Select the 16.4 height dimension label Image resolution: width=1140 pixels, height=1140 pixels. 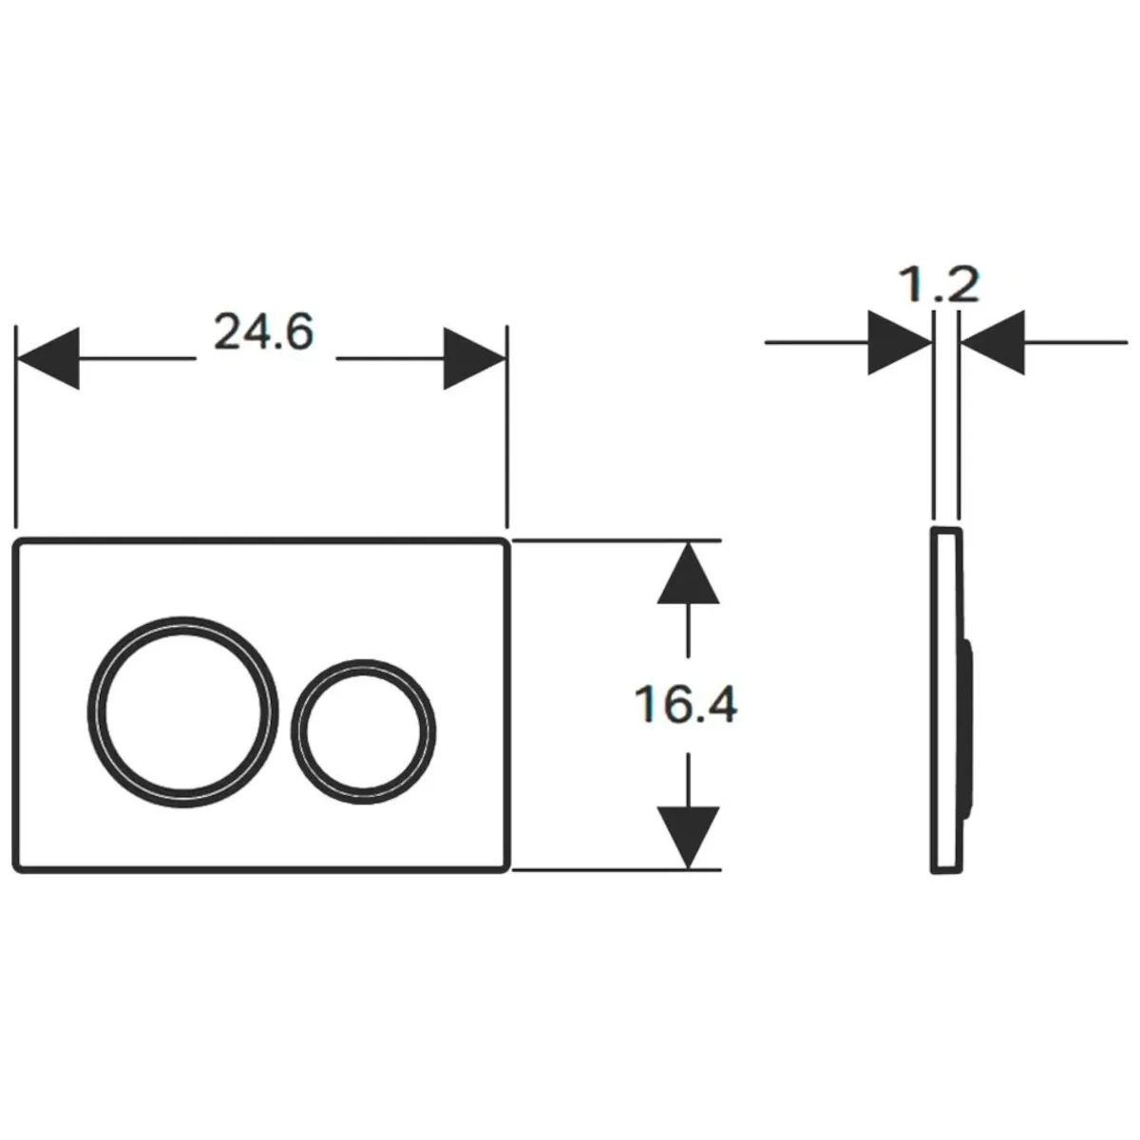click(x=686, y=704)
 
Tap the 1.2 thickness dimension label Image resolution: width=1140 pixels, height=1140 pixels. click(x=939, y=285)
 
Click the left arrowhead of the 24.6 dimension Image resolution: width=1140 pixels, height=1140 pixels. click(x=48, y=358)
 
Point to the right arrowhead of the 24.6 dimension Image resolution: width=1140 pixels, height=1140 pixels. click(x=474, y=358)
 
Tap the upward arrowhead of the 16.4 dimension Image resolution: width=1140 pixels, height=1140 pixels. click(x=688, y=572)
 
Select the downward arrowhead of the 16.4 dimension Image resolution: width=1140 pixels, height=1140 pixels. click(x=688, y=838)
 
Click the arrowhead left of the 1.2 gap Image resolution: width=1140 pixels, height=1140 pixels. click(x=900, y=342)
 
